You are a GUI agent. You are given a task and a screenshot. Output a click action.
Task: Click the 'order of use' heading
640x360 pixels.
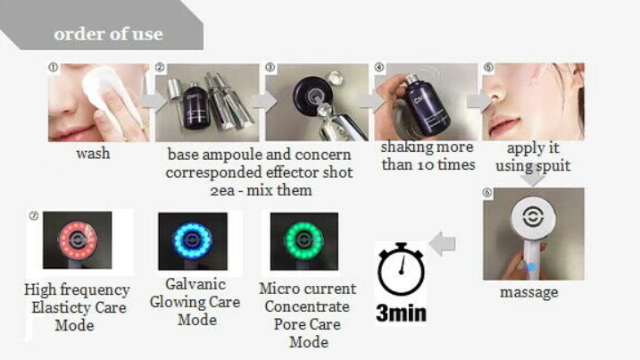pyautogui.click(x=109, y=34)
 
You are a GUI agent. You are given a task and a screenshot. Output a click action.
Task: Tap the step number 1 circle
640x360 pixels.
pyautogui.click(x=53, y=67)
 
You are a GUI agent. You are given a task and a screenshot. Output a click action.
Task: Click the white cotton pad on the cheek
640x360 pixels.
pyautogui.click(x=107, y=97)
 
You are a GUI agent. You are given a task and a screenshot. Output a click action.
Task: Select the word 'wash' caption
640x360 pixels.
pyautogui.click(x=93, y=154)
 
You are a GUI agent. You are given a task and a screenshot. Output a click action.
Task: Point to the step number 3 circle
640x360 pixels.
pyautogui.click(x=270, y=67)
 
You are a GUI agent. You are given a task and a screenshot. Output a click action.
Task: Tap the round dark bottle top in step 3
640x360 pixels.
pyautogui.click(x=312, y=96)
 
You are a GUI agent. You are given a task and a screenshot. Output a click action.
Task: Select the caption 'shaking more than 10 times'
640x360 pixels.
pyautogui.click(x=428, y=156)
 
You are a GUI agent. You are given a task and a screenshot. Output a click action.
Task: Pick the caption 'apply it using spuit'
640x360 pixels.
pyautogui.click(x=533, y=157)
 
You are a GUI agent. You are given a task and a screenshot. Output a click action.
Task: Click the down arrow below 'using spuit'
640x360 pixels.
pyautogui.click(x=533, y=176)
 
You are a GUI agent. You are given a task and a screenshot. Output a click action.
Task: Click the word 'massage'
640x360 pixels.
pyautogui.click(x=529, y=293)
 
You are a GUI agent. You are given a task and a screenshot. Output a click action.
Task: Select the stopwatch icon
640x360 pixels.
pyautogui.click(x=401, y=269)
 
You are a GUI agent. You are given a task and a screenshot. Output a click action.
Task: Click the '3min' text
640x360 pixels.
pyautogui.click(x=401, y=314)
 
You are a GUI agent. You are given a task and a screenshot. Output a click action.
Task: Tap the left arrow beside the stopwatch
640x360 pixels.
pyautogui.click(x=443, y=244)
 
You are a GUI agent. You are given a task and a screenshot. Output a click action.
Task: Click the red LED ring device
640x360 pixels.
pyautogui.click(x=78, y=240)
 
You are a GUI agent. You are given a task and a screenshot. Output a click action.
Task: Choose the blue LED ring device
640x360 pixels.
pyautogui.click(x=192, y=240)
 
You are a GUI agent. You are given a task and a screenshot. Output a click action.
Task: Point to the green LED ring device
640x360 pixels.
pyautogui.click(x=304, y=241)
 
